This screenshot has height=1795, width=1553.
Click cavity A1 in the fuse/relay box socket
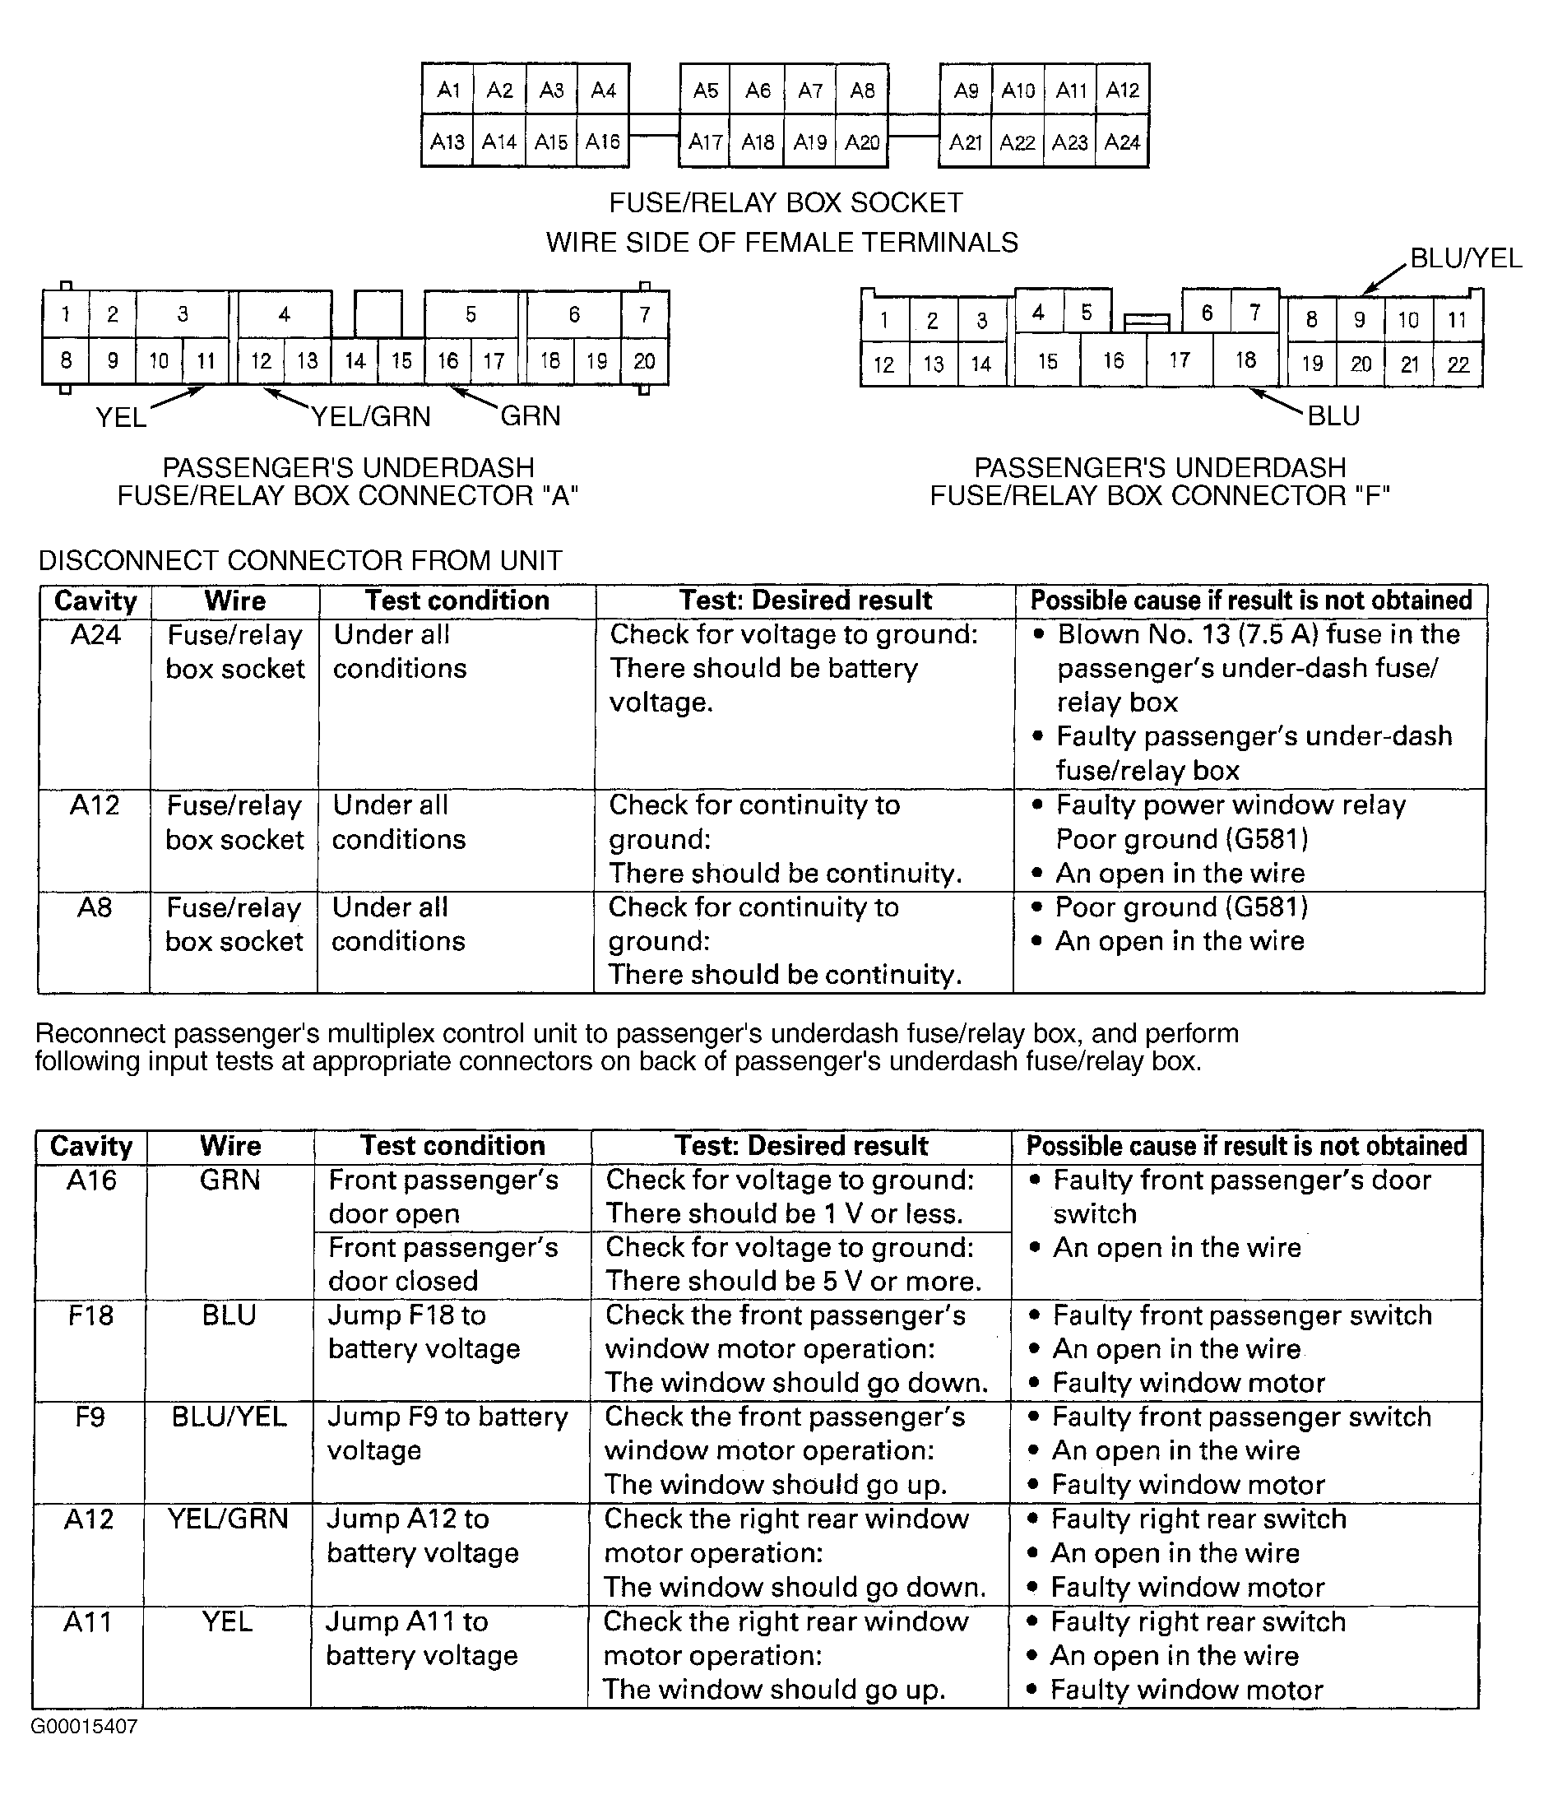(x=448, y=90)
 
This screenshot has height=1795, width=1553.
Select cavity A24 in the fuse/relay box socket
(x=1122, y=141)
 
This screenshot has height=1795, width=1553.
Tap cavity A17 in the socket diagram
(x=706, y=141)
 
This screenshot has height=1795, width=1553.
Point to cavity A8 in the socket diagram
(x=862, y=90)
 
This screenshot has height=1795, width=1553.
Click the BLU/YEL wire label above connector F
(x=1466, y=258)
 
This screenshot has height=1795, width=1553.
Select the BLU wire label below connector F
(x=1333, y=417)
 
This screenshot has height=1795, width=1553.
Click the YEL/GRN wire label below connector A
(x=371, y=417)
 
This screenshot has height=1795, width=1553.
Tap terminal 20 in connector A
(x=644, y=360)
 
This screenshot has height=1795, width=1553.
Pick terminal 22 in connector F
(x=1458, y=364)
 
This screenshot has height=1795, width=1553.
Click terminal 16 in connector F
(x=1114, y=359)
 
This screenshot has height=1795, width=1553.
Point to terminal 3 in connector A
(x=182, y=313)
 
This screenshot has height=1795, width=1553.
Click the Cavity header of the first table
(x=95, y=601)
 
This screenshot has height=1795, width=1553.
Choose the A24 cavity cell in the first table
(x=95, y=635)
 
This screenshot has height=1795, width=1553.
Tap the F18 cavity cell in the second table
(x=90, y=1315)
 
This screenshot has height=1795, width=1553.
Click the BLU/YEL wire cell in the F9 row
(x=229, y=1417)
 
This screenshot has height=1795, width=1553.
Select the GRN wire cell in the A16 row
(x=229, y=1180)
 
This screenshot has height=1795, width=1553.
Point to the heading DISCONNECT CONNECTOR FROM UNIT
(x=300, y=561)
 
